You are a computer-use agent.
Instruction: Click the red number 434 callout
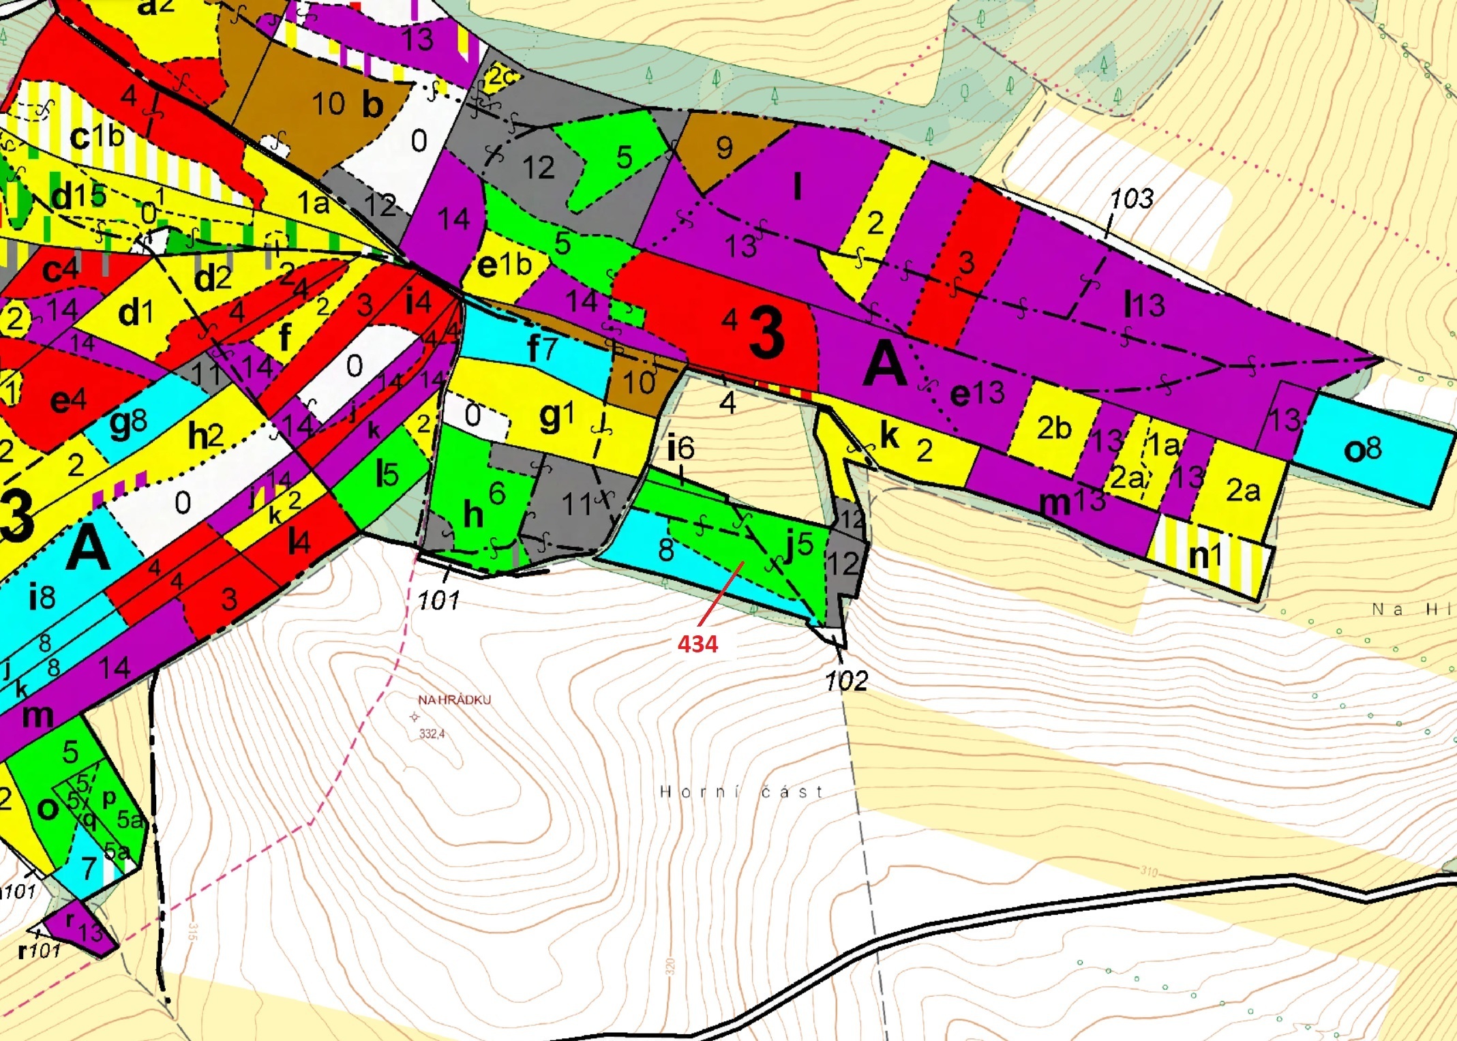[x=697, y=644]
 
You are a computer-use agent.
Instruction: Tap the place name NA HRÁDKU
[x=454, y=700]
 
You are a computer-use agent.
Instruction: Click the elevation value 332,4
[x=432, y=734]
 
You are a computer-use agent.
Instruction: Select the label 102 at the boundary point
[x=846, y=680]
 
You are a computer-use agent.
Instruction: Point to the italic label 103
[x=1132, y=198]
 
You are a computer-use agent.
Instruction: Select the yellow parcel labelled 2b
[x=1054, y=428]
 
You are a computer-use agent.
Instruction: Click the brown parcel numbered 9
[x=724, y=148]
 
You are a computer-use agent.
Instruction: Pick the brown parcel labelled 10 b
[x=347, y=104]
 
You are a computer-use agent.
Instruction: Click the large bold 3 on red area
[x=766, y=333]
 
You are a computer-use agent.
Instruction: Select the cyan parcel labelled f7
[x=542, y=348]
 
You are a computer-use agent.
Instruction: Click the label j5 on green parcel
[x=798, y=545]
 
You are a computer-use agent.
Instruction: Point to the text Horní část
[x=741, y=791]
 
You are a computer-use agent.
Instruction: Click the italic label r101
[x=40, y=950]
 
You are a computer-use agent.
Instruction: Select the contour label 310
[x=1148, y=871]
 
